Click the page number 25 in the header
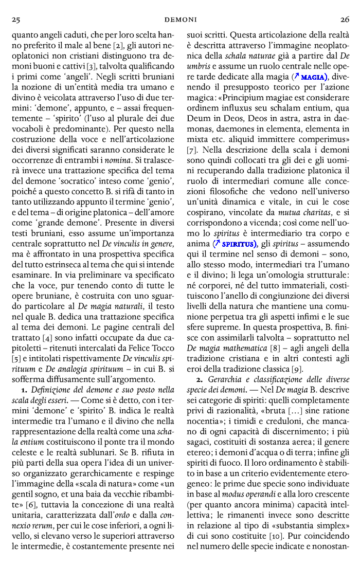coord(16,20)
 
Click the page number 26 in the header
coord(344,20)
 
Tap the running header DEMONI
coord(181,20)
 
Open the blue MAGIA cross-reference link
coord(311,77)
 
